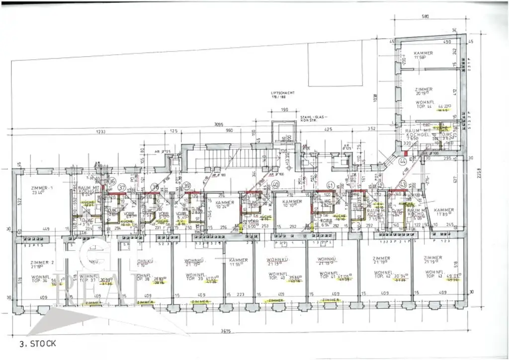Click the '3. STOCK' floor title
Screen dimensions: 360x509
click(38, 344)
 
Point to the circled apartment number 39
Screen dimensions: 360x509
click(186, 185)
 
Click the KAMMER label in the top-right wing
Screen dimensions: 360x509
click(423, 53)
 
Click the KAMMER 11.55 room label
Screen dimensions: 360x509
click(239, 263)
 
